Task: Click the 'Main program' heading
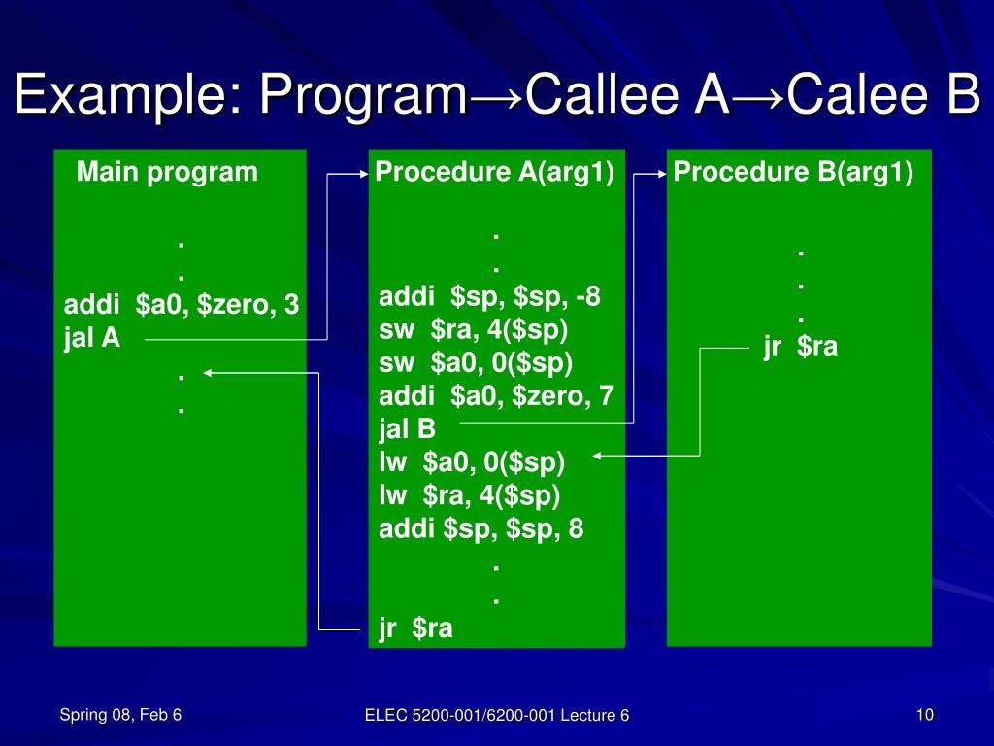[x=167, y=173]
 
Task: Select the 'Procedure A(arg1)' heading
[x=495, y=173]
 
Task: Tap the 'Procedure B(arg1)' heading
[x=793, y=173]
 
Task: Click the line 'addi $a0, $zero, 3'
[x=182, y=306]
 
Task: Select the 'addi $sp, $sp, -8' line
[x=489, y=297]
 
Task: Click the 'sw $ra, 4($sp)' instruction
[x=474, y=330]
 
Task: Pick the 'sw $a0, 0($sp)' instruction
[x=476, y=363]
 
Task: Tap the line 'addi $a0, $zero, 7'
[x=496, y=396]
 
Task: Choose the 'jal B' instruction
[x=408, y=428]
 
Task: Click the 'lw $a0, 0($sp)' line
[x=472, y=462]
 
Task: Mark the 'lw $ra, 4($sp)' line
[x=470, y=495]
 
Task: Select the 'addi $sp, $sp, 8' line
[x=481, y=529]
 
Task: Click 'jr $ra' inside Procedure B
[x=800, y=347]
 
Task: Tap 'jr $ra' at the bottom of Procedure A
[x=415, y=628]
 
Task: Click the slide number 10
[x=924, y=716]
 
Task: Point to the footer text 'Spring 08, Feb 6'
[x=120, y=716]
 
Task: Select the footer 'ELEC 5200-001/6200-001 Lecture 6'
[x=497, y=716]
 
